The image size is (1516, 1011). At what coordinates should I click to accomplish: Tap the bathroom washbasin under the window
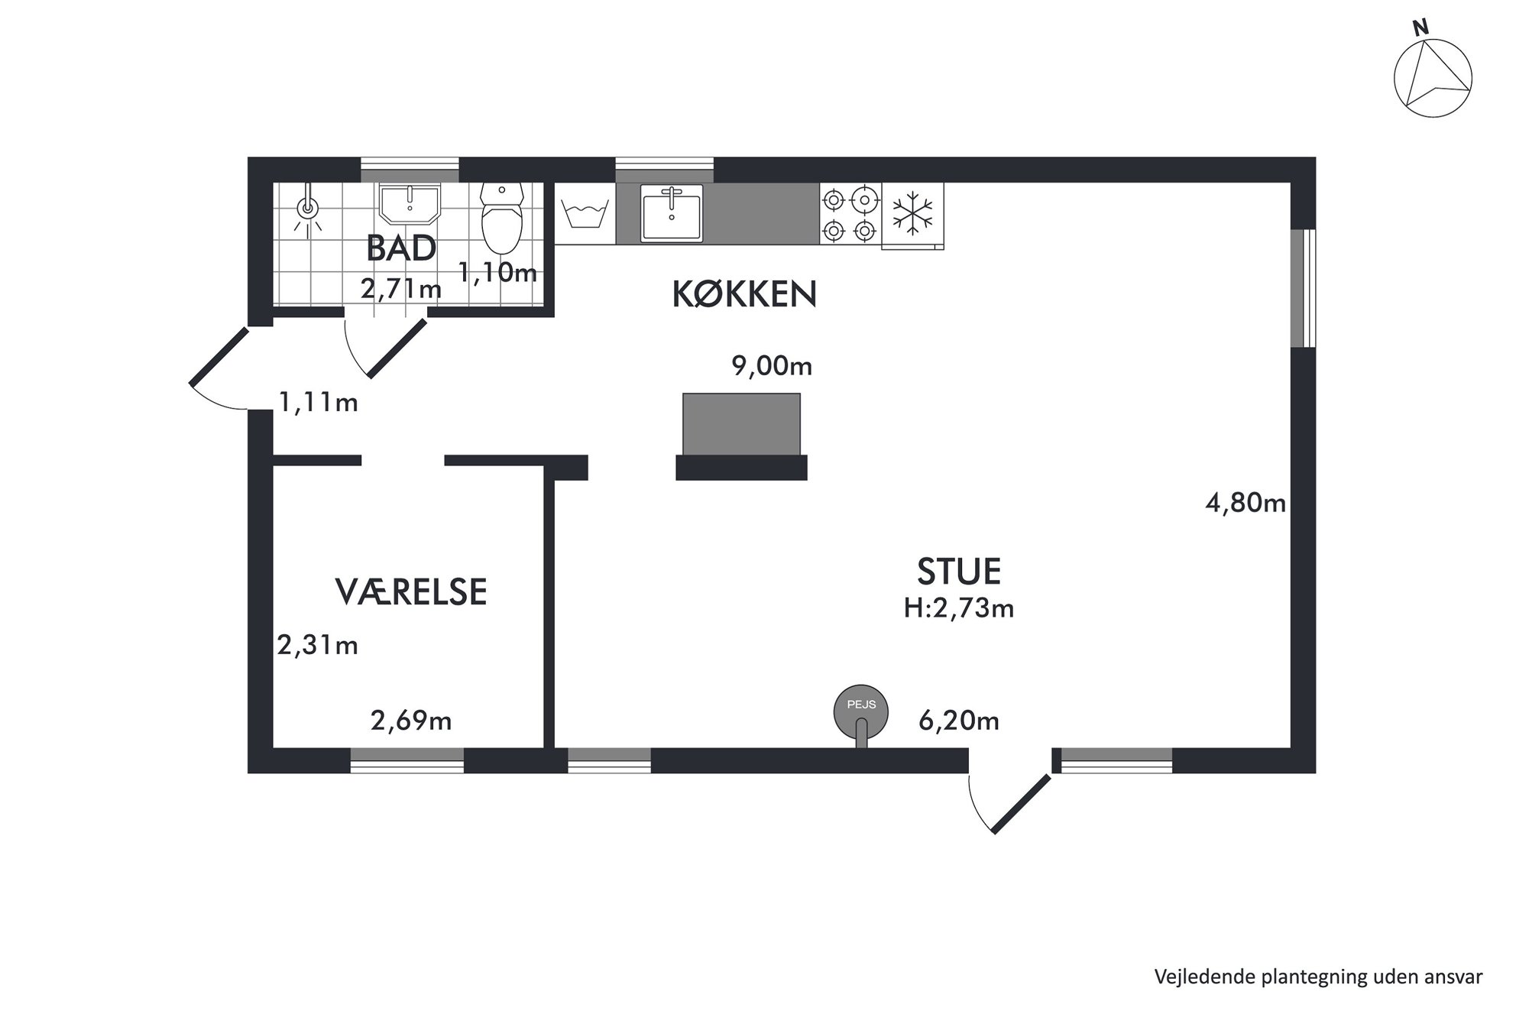tap(410, 204)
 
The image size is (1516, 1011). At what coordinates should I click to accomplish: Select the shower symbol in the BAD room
tap(308, 207)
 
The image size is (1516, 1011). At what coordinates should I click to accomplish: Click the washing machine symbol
tap(585, 213)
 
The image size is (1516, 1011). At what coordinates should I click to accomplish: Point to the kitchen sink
tap(672, 213)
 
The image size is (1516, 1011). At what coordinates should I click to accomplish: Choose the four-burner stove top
tap(850, 214)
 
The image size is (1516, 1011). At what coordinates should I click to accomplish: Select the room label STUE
tap(959, 572)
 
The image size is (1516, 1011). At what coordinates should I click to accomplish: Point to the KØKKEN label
tap(744, 294)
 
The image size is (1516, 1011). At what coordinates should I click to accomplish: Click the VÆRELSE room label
tap(411, 592)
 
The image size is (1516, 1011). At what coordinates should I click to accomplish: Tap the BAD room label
tap(401, 248)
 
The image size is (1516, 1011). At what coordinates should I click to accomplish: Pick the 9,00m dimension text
tap(772, 366)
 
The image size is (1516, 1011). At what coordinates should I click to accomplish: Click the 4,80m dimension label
tap(1246, 503)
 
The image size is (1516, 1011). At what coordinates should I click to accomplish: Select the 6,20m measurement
tap(959, 721)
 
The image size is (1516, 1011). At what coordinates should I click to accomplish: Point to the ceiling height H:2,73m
tap(959, 608)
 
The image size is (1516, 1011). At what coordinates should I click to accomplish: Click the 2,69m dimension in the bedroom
tap(411, 721)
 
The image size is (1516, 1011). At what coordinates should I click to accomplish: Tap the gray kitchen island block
tap(741, 424)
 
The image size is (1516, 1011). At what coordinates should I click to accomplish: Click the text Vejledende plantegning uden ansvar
tap(1318, 977)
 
